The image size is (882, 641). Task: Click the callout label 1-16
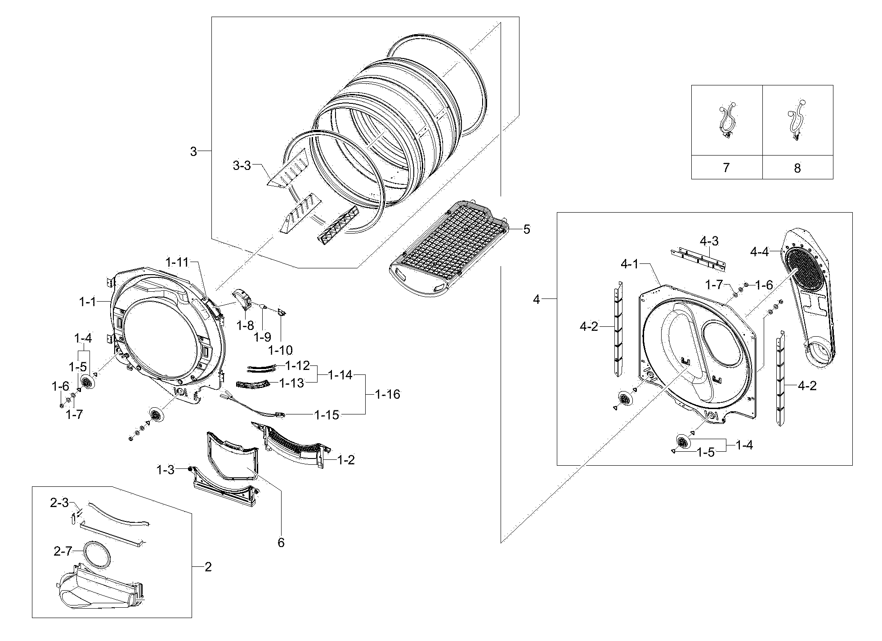(x=387, y=394)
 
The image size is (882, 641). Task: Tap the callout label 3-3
(x=242, y=165)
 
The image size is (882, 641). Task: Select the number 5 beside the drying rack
(x=527, y=229)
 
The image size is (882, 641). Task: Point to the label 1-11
(x=177, y=262)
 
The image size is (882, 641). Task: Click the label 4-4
(x=759, y=252)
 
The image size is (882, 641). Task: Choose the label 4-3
(x=709, y=241)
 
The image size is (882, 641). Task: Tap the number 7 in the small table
(x=726, y=168)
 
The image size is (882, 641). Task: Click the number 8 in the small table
(x=797, y=168)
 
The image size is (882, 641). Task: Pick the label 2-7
(x=63, y=551)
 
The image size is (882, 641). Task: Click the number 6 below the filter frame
(x=281, y=543)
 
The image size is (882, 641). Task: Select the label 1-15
(x=327, y=414)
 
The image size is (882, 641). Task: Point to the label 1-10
(x=280, y=350)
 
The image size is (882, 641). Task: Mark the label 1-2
(x=346, y=460)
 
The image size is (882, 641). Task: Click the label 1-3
(x=165, y=470)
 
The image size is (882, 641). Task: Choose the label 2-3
(x=59, y=503)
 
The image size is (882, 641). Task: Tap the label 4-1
(x=630, y=264)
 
